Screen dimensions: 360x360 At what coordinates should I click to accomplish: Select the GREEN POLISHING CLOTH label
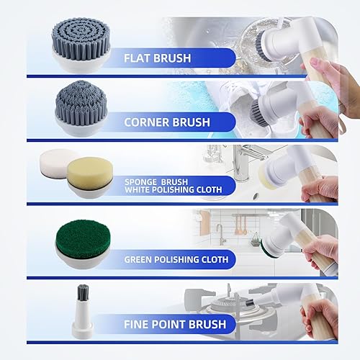(x=176, y=259)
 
